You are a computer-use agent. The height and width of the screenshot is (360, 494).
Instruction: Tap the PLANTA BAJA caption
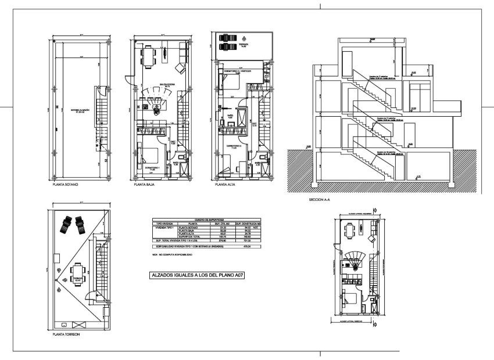tap(144, 185)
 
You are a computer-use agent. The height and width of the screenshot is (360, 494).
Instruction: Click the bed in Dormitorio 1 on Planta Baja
tap(150, 155)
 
